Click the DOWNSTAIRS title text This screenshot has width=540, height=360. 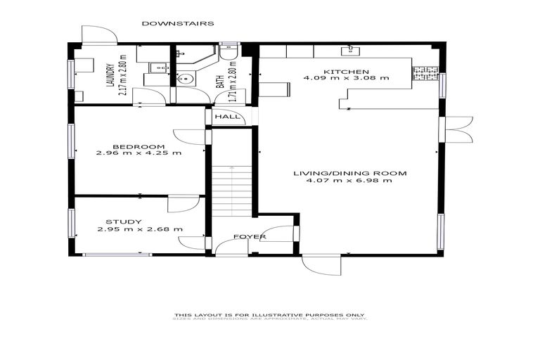(178, 23)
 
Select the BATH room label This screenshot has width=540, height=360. (220, 81)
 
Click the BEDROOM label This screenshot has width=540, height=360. (139, 146)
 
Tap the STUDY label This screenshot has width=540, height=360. (124, 221)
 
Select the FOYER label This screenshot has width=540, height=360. (250, 237)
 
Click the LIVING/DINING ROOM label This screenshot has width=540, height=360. (346, 172)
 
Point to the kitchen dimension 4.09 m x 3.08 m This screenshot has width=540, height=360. (346, 79)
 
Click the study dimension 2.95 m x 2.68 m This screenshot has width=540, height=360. (140, 229)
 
